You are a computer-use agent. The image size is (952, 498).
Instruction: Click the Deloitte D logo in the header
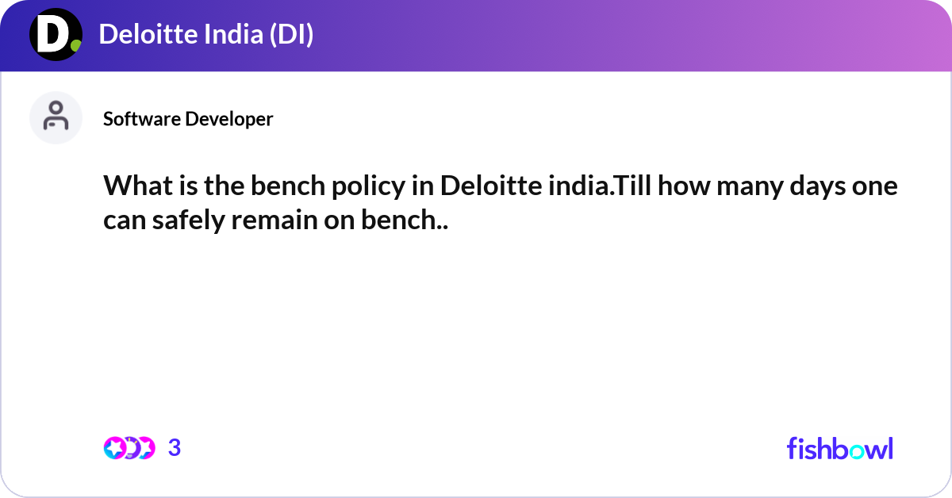pos(56,35)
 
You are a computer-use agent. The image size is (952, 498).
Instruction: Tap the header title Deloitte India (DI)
pos(206,35)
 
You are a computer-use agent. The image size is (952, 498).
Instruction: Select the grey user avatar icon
pos(56,117)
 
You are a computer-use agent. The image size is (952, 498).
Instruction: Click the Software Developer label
pos(188,119)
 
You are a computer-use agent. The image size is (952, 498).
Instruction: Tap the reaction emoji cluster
pos(129,448)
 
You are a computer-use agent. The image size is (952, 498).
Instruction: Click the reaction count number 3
pos(175,448)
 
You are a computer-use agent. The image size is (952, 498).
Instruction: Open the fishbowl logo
pos(839,448)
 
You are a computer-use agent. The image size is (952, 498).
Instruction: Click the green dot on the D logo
pos(75,46)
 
